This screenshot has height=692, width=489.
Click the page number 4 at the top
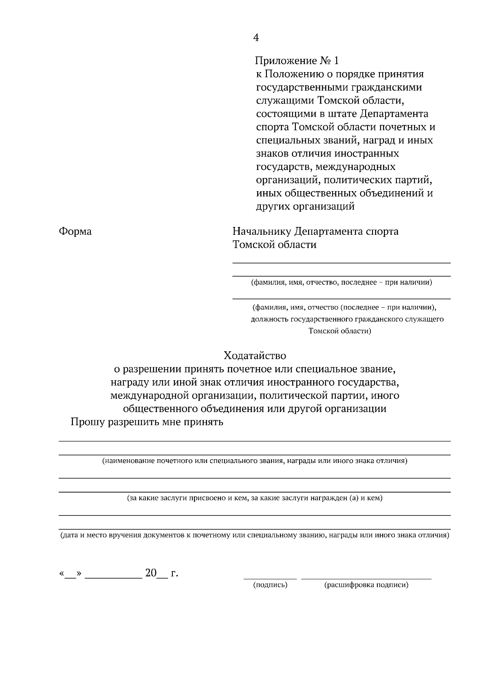pyautogui.click(x=256, y=38)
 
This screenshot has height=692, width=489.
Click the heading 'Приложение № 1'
pyautogui.click(x=297, y=61)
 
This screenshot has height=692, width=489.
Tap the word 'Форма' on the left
pyautogui.click(x=75, y=231)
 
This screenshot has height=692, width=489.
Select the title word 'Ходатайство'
pyautogui.click(x=255, y=356)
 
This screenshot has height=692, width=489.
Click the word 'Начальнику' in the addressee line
pyautogui.click(x=262, y=231)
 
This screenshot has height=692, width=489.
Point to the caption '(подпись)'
pyautogui.click(x=270, y=585)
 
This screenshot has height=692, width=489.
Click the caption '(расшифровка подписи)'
pyautogui.click(x=366, y=585)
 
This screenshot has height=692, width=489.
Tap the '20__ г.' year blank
pyautogui.click(x=161, y=573)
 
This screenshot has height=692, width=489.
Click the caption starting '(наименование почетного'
pyautogui.click(x=255, y=461)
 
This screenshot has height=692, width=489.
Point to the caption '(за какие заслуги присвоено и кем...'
pyautogui.click(x=255, y=498)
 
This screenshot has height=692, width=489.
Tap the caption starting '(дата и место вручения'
pyautogui.click(x=255, y=535)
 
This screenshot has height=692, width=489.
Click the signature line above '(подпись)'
pyautogui.click(x=270, y=578)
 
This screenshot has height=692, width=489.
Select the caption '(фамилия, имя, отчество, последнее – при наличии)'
pyautogui.click(x=341, y=282)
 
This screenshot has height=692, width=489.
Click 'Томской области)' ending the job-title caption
pyautogui.click(x=340, y=331)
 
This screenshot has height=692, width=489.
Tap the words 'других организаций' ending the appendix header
pyautogui.click(x=305, y=206)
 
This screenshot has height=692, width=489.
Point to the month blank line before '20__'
pyautogui.click(x=113, y=578)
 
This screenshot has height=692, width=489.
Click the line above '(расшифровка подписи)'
pyautogui.click(x=366, y=578)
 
